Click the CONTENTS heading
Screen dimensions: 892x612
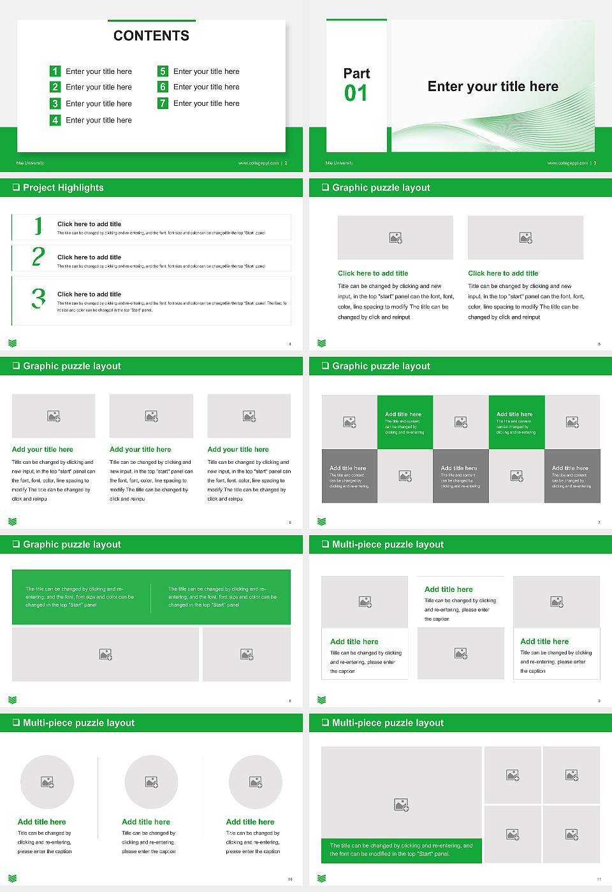151,36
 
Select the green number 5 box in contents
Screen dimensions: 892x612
163,71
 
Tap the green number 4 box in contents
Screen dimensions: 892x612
55,120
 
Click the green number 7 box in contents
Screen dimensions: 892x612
163,103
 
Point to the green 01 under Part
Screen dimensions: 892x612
356,94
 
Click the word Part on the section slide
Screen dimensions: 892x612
356,73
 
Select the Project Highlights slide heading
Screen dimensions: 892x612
63,187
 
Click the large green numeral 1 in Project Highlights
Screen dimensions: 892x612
38,226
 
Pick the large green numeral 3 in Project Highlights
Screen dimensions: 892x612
38,298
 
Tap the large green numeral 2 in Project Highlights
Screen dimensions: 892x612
38,257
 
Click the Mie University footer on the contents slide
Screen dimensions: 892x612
30,163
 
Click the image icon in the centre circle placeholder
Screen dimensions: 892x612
151,782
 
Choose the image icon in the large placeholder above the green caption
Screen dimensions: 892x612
401,805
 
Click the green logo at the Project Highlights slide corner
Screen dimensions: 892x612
12,343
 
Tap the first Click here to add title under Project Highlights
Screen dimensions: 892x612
89,224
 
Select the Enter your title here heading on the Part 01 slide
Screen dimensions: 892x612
493,87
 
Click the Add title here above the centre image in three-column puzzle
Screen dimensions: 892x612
449,589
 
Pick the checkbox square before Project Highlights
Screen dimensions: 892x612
16,187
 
